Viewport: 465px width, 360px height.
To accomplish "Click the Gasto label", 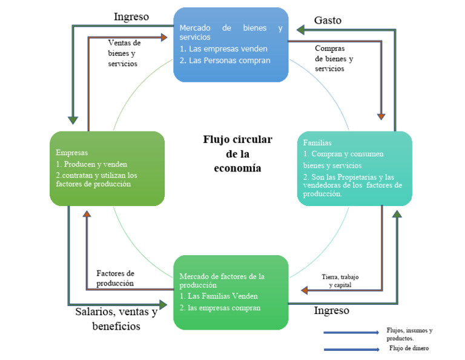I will click(x=327, y=20).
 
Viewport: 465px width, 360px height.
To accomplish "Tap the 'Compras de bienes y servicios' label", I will click(x=334, y=58).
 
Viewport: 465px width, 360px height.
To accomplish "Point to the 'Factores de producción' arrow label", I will click(x=115, y=278).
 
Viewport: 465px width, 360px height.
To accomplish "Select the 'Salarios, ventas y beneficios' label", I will click(x=116, y=319).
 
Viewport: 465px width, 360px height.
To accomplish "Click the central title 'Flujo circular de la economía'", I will click(x=237, y=154).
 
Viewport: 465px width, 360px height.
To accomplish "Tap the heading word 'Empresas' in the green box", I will click(x=72, y=153).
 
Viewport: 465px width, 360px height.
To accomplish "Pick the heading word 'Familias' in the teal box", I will click(x=318, y=143).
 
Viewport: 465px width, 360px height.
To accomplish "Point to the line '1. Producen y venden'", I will click(x=91, y=164).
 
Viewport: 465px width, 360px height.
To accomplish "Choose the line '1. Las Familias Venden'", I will click(x=219, y=296).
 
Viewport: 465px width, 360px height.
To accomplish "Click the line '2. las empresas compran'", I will click(x=220, y=308).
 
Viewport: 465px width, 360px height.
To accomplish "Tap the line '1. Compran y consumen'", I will click(x=343, y=154).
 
